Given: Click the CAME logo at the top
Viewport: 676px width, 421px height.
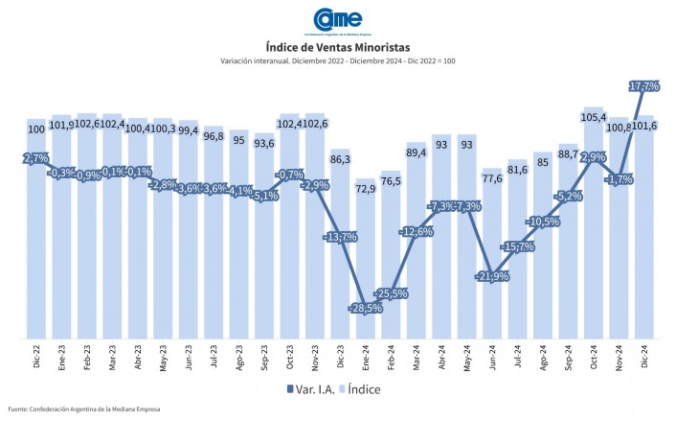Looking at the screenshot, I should [338, 20].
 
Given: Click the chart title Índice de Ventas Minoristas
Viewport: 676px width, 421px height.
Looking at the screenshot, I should [337, 47].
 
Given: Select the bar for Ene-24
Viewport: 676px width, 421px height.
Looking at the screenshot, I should [365, 259].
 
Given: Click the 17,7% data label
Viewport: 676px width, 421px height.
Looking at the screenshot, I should [642, 86].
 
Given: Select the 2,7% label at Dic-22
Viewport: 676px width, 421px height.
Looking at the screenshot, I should [35, 157].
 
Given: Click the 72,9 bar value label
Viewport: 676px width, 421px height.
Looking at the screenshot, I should [365, 190].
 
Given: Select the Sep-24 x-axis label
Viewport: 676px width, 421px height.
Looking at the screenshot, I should [569, 357].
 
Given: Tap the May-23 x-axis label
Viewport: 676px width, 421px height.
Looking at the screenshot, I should [163, 357].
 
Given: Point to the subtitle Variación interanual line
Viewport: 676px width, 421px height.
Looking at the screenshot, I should [337, 62].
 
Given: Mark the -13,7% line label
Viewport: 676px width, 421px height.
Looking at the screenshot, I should [340, 236].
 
